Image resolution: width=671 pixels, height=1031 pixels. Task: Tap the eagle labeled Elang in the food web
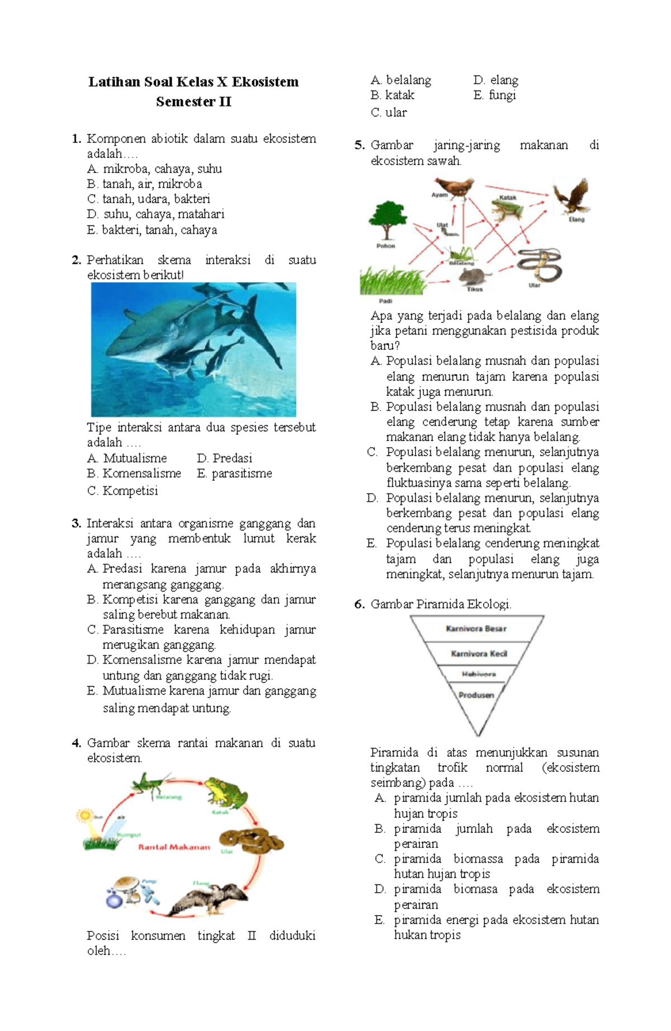coord(571,196)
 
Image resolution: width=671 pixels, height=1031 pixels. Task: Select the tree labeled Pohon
coord(387,221)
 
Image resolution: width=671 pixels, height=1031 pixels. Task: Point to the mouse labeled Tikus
coord(473,276)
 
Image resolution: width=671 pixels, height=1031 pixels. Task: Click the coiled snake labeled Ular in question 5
coord(538,265)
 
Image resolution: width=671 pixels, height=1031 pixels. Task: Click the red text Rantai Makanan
coord(174,847)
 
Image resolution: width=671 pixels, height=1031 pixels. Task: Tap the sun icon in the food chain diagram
coord(85,815)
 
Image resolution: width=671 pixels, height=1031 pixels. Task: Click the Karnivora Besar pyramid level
coord(476,629)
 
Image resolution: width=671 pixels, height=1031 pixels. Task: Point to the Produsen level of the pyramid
coord(476,695)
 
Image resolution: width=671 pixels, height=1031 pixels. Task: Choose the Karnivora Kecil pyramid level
coord(479,654)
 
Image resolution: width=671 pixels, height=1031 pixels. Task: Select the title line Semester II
coord(193,102)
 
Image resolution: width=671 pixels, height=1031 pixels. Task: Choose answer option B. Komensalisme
coord(134,474)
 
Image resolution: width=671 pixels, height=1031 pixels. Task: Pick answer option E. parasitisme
coord(234,474)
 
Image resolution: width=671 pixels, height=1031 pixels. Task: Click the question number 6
coord(359,604)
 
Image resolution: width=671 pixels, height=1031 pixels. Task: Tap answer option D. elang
coord(495,80)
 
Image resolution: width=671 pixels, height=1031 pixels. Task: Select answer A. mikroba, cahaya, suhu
coord(154,169)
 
